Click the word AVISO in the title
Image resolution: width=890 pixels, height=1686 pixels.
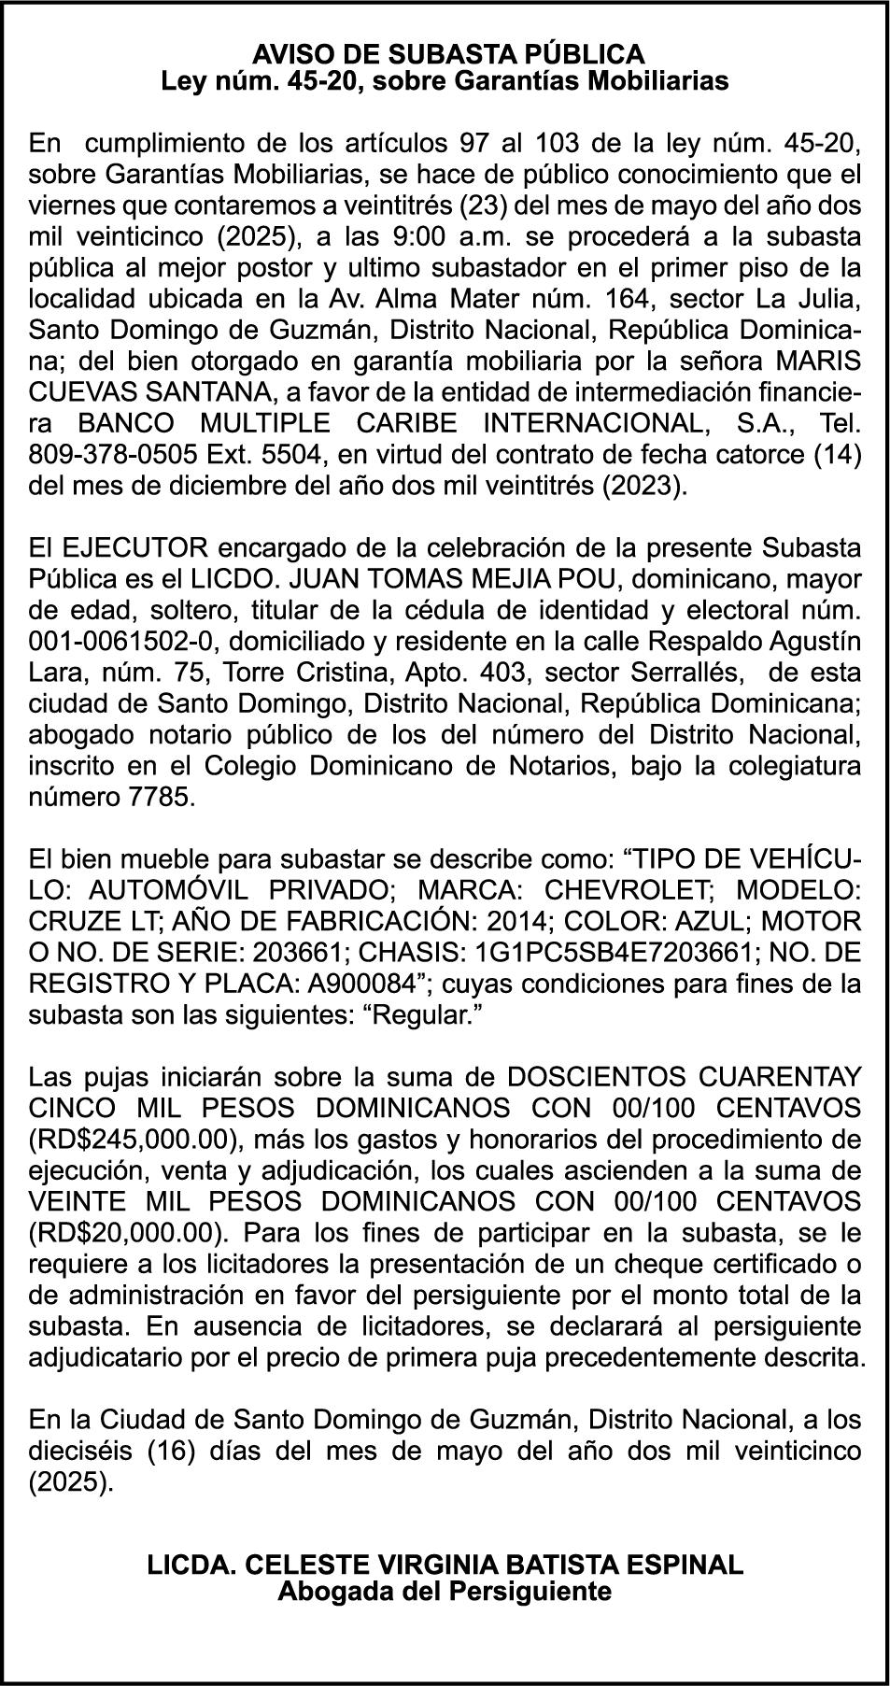[x=285, y=52]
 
